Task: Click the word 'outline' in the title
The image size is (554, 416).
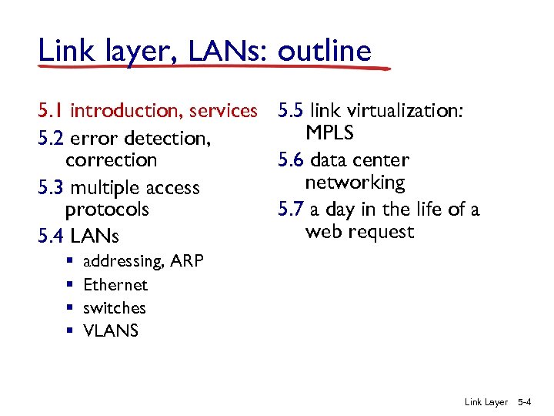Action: click(x=324, y=51)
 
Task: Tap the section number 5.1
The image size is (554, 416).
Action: click(x=52, y=111)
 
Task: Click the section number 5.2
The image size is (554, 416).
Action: click(x=52, y=139)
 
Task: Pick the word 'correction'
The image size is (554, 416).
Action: click(x=111, y=160)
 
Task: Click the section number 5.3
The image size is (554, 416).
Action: click(x=52, y=188)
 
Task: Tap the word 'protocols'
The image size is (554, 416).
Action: click(x=107, y=210)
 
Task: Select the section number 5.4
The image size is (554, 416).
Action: click(x=52, y=235)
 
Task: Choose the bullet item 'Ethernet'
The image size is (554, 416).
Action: click(x=115, y=285)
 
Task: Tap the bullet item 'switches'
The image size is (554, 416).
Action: click(x=114, y=308)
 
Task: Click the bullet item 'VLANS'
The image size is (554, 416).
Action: click(x=111, y=331)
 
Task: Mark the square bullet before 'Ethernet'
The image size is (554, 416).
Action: click(x=69, y=285)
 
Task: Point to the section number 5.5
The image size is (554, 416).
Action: click(x=292, y=111)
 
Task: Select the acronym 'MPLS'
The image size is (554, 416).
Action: click(x=329, y=133)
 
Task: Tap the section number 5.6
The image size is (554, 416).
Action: click(x=292, y=160)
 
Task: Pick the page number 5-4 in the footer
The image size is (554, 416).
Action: click(x=530, y=402)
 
